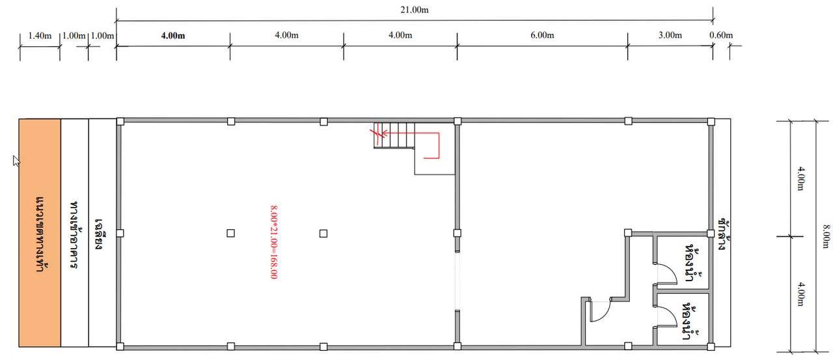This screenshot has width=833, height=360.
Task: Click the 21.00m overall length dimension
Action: (x=415, y=10)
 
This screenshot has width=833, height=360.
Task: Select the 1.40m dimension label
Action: (x=40, y=36)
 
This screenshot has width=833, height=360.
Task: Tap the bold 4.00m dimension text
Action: (x=173, y=36)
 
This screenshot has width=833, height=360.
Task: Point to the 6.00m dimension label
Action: (x=542, y=35)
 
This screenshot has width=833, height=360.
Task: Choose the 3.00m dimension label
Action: (x=670, y=35)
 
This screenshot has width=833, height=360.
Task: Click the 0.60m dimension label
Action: (x=721, y=35)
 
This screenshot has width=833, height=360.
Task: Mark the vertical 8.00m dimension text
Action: (x=826, y=236)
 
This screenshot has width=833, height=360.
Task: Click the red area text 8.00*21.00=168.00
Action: (x=274, y=242)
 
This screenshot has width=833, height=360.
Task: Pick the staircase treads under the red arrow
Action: (x=394, y=135)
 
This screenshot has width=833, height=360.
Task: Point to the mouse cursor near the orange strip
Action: (x=16, y=161)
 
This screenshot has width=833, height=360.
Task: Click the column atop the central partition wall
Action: (x=457, y=121)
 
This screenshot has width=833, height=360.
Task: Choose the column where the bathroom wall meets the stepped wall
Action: (x=628, y=233)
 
